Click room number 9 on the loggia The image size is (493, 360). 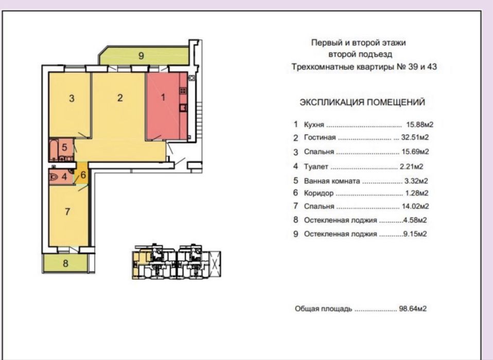tap(141, 56)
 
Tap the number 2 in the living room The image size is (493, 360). tap(120, 98)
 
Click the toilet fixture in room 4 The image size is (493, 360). tap(54, 177)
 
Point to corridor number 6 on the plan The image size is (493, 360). tap(83, 175)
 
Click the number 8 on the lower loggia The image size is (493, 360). tap(65, 263)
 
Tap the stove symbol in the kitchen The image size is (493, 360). tap(183, 91)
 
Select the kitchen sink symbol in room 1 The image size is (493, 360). tap(183, 108)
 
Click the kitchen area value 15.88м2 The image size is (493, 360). tap(420, 124)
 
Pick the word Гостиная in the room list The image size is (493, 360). tap(320, 138)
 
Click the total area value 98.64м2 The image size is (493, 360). tap(413, 309)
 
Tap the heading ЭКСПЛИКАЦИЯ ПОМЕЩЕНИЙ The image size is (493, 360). tap(362, 102)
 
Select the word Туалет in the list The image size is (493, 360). tap(316, 167)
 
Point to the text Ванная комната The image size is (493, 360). tap(332, 181)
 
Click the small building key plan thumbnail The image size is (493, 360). tap(177, 262)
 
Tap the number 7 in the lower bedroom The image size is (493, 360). tap(67, 212)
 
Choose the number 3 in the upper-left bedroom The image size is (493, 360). tap(72, 98)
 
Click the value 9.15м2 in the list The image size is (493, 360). tap(415, 234)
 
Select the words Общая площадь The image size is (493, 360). tap(323, 309)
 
